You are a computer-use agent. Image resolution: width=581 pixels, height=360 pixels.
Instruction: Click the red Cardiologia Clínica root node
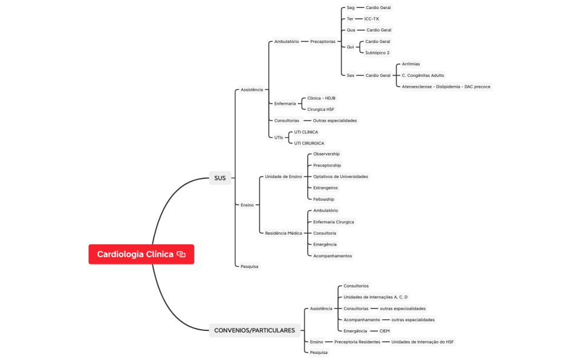(x=135, y=254)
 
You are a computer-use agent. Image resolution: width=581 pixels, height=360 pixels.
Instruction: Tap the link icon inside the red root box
(x=181, y=254)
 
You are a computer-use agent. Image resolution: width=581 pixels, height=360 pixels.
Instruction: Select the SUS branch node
(x=219, y=178)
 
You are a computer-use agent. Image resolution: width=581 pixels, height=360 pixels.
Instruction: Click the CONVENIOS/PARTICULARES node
(x=255, y=330)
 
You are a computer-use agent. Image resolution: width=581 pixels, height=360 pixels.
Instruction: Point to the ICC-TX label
(x=371, y=19)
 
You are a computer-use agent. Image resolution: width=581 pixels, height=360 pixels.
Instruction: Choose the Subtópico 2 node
(x=377, y=53)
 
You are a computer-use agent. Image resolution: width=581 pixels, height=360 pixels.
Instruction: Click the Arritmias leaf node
(x=411, y=64)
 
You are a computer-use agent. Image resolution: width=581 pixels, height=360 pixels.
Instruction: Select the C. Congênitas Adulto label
(x=423, y=76)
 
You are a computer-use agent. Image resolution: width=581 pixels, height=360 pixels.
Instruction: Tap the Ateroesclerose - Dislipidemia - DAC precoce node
(x=446, y=87)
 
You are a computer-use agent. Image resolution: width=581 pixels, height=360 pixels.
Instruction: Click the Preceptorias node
(x=322, y=42)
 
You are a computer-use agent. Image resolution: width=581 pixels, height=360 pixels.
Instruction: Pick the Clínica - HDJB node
(x=321, y=98)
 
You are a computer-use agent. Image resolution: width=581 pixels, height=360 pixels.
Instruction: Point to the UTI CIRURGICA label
(x=309, y=143)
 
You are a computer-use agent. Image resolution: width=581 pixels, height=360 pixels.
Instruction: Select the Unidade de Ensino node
(x=283, y=177)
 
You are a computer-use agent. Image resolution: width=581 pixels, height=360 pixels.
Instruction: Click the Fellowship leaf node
(x=323, y=199)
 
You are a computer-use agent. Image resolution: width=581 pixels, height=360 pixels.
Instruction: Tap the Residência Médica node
(x=283, y=233)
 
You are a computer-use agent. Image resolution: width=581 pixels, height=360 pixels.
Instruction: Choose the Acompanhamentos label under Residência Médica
(x=333, y=256)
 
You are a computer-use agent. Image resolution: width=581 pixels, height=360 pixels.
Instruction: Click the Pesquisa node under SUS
(x=249, y=266)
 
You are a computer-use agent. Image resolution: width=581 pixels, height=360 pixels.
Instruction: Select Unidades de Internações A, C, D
(x=375, y=297)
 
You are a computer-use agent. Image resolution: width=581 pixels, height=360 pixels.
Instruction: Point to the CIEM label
(x=385, y=331)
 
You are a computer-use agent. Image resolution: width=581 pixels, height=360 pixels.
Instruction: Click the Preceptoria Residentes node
(x=357, y=342)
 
